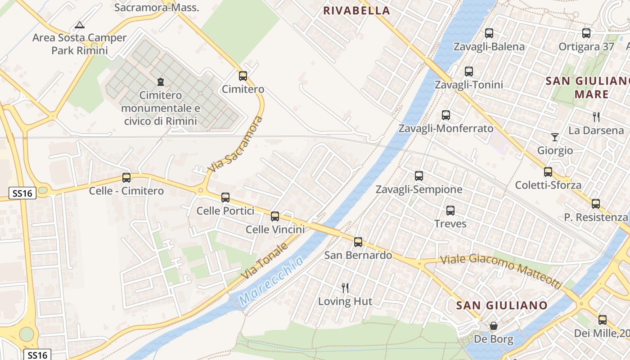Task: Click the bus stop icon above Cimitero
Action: [243, 76]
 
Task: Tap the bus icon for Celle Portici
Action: [225, 197]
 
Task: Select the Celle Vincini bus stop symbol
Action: [275, 216]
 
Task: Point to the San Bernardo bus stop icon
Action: [358, 242]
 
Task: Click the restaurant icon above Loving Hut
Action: [345, 288]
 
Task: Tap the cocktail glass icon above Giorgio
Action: [554, 137]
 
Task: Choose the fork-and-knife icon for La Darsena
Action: [596, 117]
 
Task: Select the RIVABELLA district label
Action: [356, 10]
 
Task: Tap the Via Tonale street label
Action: [264, 261]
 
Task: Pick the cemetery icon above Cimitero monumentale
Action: [160, 82]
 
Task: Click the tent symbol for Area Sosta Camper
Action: [80, 25]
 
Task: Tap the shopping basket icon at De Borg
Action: [494, 325]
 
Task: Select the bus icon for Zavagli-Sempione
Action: [419, 176]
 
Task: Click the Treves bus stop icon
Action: [450, 210]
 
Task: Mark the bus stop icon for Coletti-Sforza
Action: [548, 171]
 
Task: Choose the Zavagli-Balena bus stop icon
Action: [489, 33]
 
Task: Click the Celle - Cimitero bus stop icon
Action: [126, 178]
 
